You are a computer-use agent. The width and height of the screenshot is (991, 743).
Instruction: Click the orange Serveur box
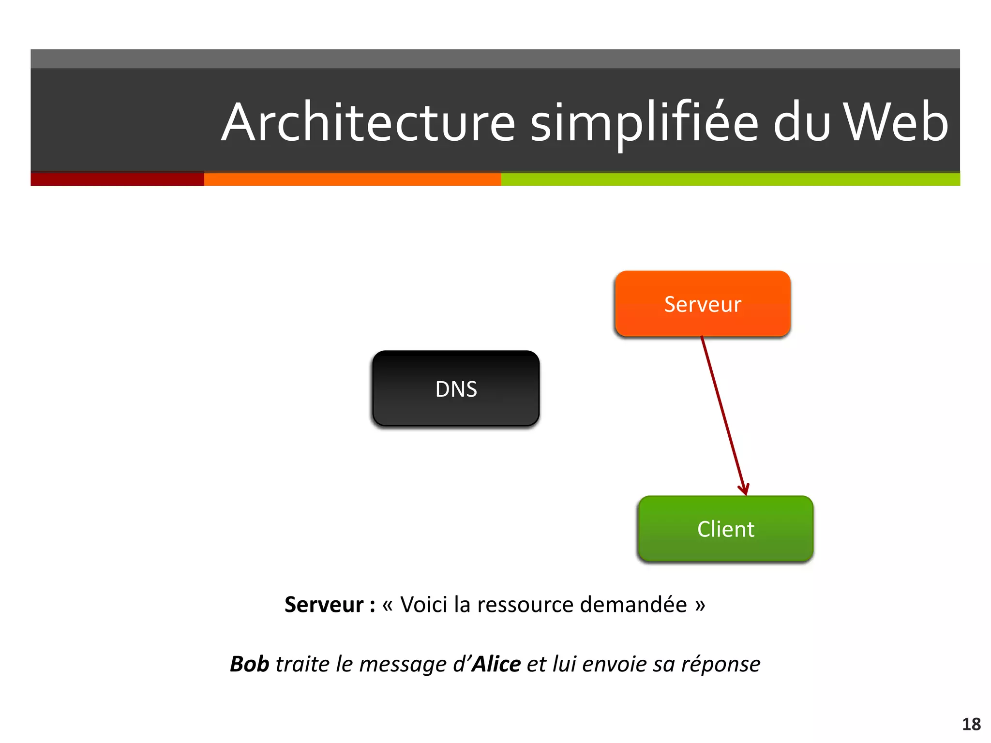[703, 304]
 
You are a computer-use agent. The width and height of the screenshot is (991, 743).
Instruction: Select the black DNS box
[456, 388]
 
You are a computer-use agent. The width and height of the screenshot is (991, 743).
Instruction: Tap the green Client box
[725, 529]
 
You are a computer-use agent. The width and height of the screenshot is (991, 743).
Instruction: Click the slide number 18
[971, 724]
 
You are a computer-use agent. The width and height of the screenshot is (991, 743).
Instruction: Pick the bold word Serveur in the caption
[324, 605]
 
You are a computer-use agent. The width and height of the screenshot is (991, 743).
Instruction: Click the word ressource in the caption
[526, 605]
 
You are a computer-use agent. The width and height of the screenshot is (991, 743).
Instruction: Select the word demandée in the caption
[633, 605]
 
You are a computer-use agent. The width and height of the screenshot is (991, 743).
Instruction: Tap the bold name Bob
[249, 664]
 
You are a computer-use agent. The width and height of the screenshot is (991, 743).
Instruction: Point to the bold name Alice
[496, 664]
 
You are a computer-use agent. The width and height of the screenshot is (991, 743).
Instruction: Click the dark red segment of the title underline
[117, 179]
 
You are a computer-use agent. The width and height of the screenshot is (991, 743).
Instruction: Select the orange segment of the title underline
[352, 179]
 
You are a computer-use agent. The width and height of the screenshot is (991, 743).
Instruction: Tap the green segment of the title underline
[730, 179]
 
